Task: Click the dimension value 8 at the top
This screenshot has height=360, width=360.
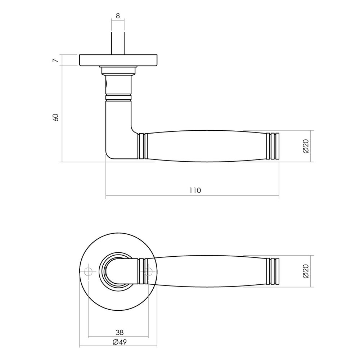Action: tap(118, 15)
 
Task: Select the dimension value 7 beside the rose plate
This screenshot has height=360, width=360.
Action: tap(55, 60)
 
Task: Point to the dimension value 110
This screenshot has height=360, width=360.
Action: tap(195, 190)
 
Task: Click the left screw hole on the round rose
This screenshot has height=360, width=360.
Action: tap(88, 271)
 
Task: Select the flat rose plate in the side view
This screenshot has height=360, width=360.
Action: tap(118, 60)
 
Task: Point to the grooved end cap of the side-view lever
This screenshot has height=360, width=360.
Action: tap(273, 146)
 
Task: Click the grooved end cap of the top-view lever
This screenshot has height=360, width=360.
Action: tap(273, 271)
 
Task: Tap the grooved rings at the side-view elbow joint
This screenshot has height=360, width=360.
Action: tap(143, 146)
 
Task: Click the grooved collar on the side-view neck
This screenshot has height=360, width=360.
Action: tap(118, 96)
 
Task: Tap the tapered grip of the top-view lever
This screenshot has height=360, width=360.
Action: tap(209, 271)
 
